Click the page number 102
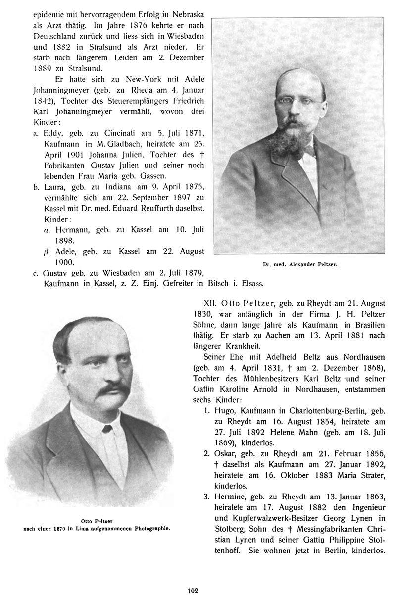coord(193,590)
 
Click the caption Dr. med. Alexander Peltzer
coord(300,265)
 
